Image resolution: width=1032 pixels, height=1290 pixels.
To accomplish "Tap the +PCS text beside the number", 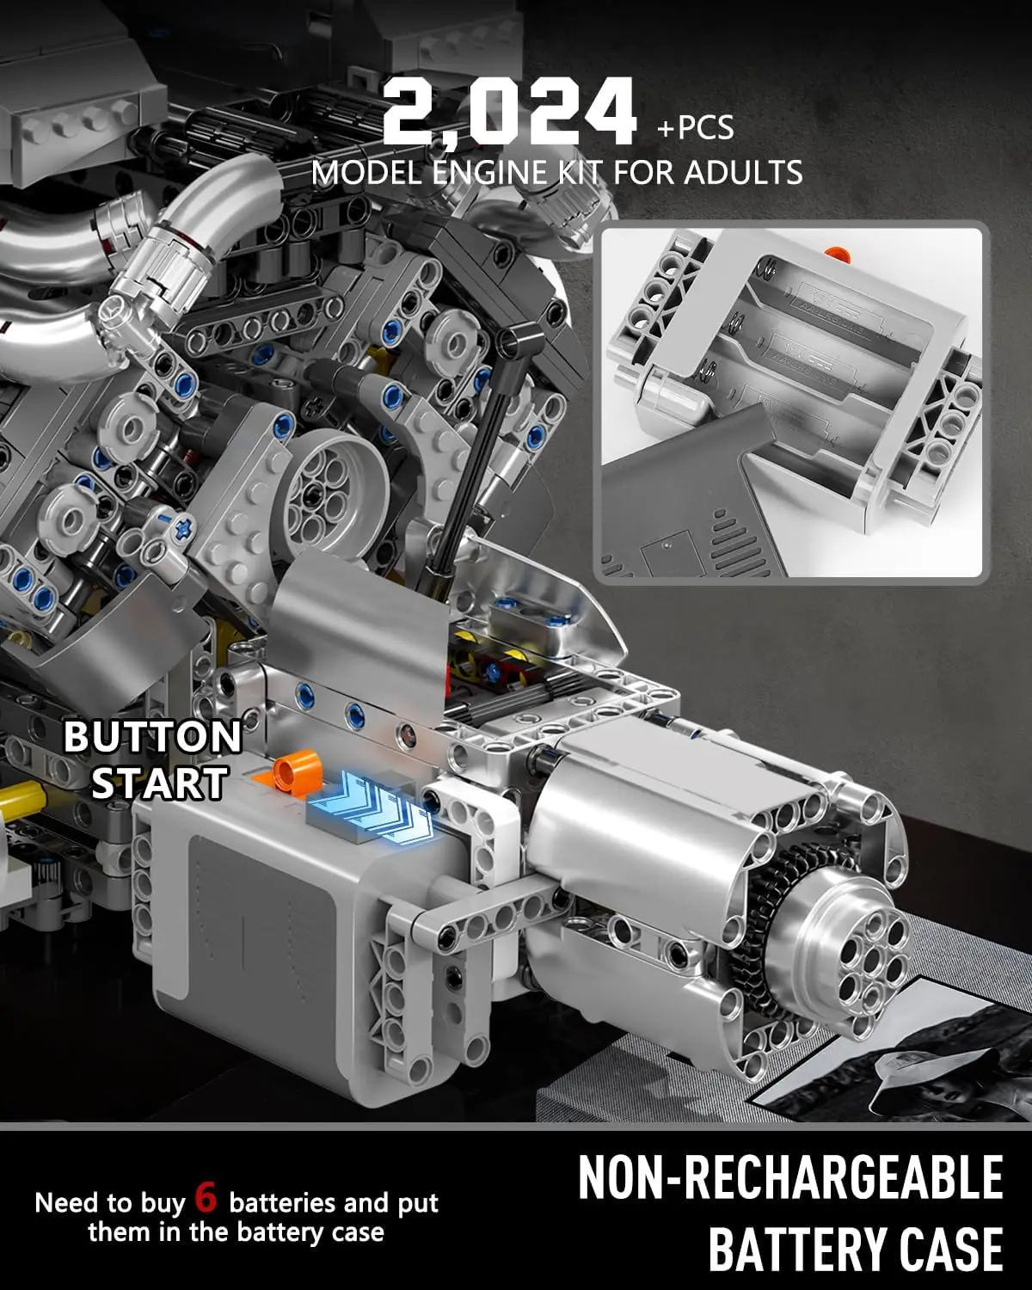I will pyautogui.click(x=695, y=128).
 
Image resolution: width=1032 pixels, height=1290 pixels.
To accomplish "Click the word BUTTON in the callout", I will pyautogui.click(x=152, y=737).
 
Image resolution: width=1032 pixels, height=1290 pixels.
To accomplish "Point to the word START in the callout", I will pyautogui.click(x=159, y=783).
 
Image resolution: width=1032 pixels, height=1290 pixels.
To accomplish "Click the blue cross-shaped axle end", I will pyautogui.click(x=182, y=525).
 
